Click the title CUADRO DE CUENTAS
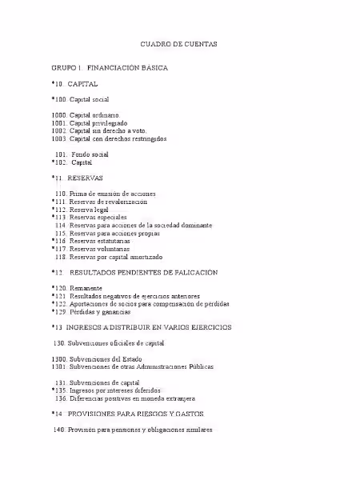pos(179,44)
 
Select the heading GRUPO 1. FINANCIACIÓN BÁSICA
pos(110,68)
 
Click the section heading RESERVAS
pos(86,178)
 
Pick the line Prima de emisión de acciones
pos(112,194)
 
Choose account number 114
pos(60,226)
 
